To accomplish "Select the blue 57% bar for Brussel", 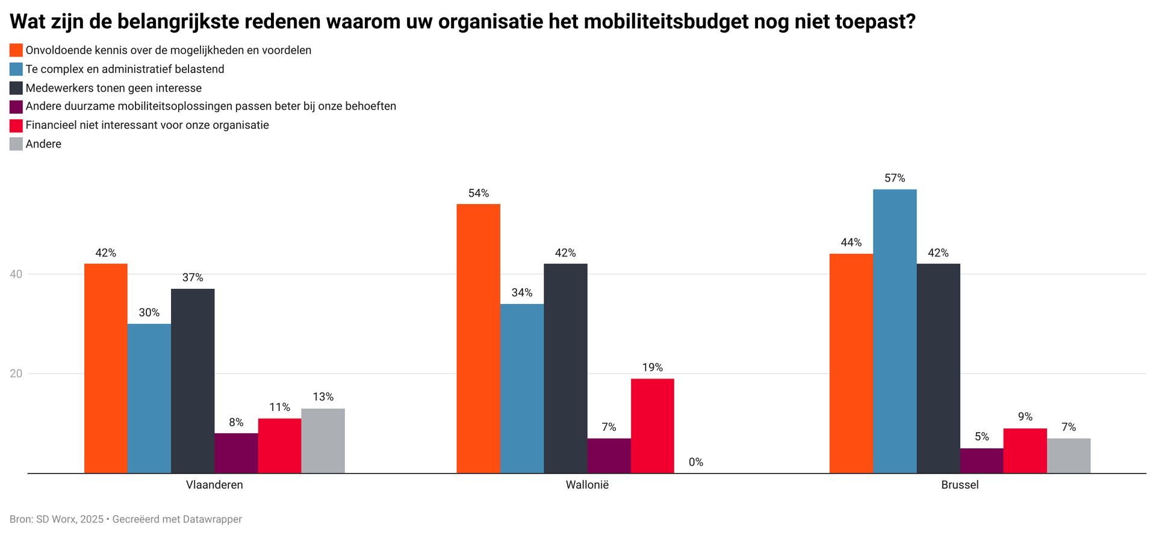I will click(x=895, y=331).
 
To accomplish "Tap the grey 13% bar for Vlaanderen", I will click(x=323, y=441).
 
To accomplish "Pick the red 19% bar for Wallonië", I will click(x=652, y=425).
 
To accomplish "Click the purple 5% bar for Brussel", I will click(x=981, y=460).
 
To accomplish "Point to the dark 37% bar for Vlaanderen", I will click(x=193, y=380).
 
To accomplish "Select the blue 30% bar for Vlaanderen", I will click(x=149, y=398).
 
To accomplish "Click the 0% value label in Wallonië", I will click(x=696, y=462).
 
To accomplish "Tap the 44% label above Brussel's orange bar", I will click(x=851, y=243).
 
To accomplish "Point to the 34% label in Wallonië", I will click(x=522, y=292).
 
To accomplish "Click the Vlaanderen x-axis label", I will click(x=214, y=485).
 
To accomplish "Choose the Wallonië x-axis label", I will click(x=587, y=485).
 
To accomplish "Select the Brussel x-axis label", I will click(x=960, y=485).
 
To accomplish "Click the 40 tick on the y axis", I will click(x=16, y=274).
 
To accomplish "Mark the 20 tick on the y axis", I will click(x=16, y=374).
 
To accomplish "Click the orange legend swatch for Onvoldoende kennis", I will click(x=16, y=50).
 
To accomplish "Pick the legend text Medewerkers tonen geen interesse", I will click(x=113, y=88).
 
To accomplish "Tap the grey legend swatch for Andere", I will click(x=16, y=144).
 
